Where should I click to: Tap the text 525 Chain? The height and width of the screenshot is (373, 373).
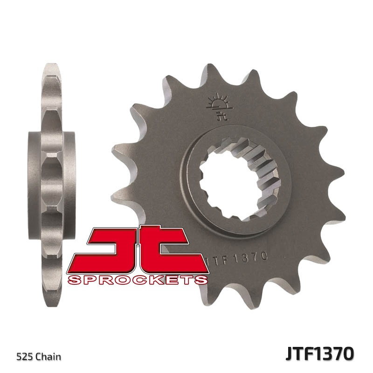[x=39, y=357]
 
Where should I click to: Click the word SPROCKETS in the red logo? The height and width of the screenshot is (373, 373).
[x=138, y=280]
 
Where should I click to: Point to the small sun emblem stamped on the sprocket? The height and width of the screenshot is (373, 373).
[x=218, y=104]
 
